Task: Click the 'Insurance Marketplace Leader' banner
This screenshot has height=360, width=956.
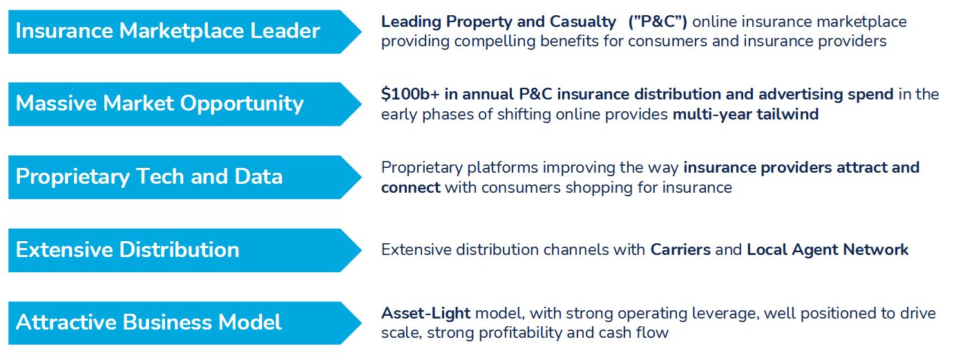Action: click(184, 32)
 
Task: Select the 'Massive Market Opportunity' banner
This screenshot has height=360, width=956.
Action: click(184, 104)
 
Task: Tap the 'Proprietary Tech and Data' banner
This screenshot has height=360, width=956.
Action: click(184, 177)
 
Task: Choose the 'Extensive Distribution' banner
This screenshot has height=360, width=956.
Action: click(184, 250)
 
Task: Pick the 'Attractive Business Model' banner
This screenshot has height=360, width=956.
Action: click(184, 323)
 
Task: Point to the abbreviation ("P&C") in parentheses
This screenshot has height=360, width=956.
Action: click(658, 21)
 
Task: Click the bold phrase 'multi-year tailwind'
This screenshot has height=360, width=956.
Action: click(745, 115)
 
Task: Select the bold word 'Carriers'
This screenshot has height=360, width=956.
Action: click(680, 249)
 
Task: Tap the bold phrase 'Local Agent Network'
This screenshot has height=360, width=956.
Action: click(828, 250)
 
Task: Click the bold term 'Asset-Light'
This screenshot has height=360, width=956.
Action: click(426, 314)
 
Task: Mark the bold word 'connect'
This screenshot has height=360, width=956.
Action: click(410, 188)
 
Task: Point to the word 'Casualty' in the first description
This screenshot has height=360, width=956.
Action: click(582, 22)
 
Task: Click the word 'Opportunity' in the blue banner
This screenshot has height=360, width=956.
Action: click(242, 104)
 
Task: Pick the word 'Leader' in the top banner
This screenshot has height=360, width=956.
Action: click(285, 30)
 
